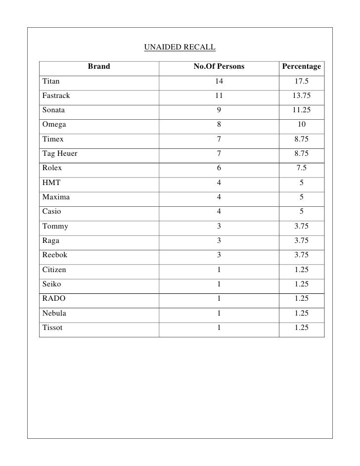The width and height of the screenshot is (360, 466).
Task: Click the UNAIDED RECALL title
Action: point(180,47)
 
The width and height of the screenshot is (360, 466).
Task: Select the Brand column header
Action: point(99,67)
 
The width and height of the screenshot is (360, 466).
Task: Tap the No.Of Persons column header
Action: point(219,67)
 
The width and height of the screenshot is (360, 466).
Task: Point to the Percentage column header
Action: point(301,67)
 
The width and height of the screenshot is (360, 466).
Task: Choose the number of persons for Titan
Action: point(219,81)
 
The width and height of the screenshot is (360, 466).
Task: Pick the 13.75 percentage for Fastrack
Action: point(301,96)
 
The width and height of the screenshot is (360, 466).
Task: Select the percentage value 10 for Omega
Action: point(301,125)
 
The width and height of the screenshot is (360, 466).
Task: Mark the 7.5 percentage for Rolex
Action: point(301,168)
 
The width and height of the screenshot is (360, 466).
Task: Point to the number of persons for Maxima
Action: point(219,197)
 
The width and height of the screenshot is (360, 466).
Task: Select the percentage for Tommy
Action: point(301,227)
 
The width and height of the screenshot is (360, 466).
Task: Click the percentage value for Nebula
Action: point(301,313)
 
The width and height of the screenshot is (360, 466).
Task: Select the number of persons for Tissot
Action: point(219,328)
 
